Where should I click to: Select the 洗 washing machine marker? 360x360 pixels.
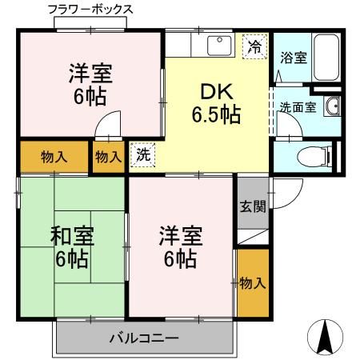pos(142,154)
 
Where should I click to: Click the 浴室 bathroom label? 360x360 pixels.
pos(293,58)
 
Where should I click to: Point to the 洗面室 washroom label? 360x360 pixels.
pos(297,106)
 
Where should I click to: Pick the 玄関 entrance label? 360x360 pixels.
pos(253,206)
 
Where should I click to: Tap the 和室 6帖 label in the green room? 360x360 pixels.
pos(73,247)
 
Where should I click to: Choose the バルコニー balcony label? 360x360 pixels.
pos(144,338)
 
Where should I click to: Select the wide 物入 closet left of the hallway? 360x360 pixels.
pos(54,158)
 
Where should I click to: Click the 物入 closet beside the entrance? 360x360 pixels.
pos(252,283)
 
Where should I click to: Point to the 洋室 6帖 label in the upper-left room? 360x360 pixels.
pos(89,85)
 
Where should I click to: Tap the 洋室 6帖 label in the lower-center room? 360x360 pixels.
pos(181,247)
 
